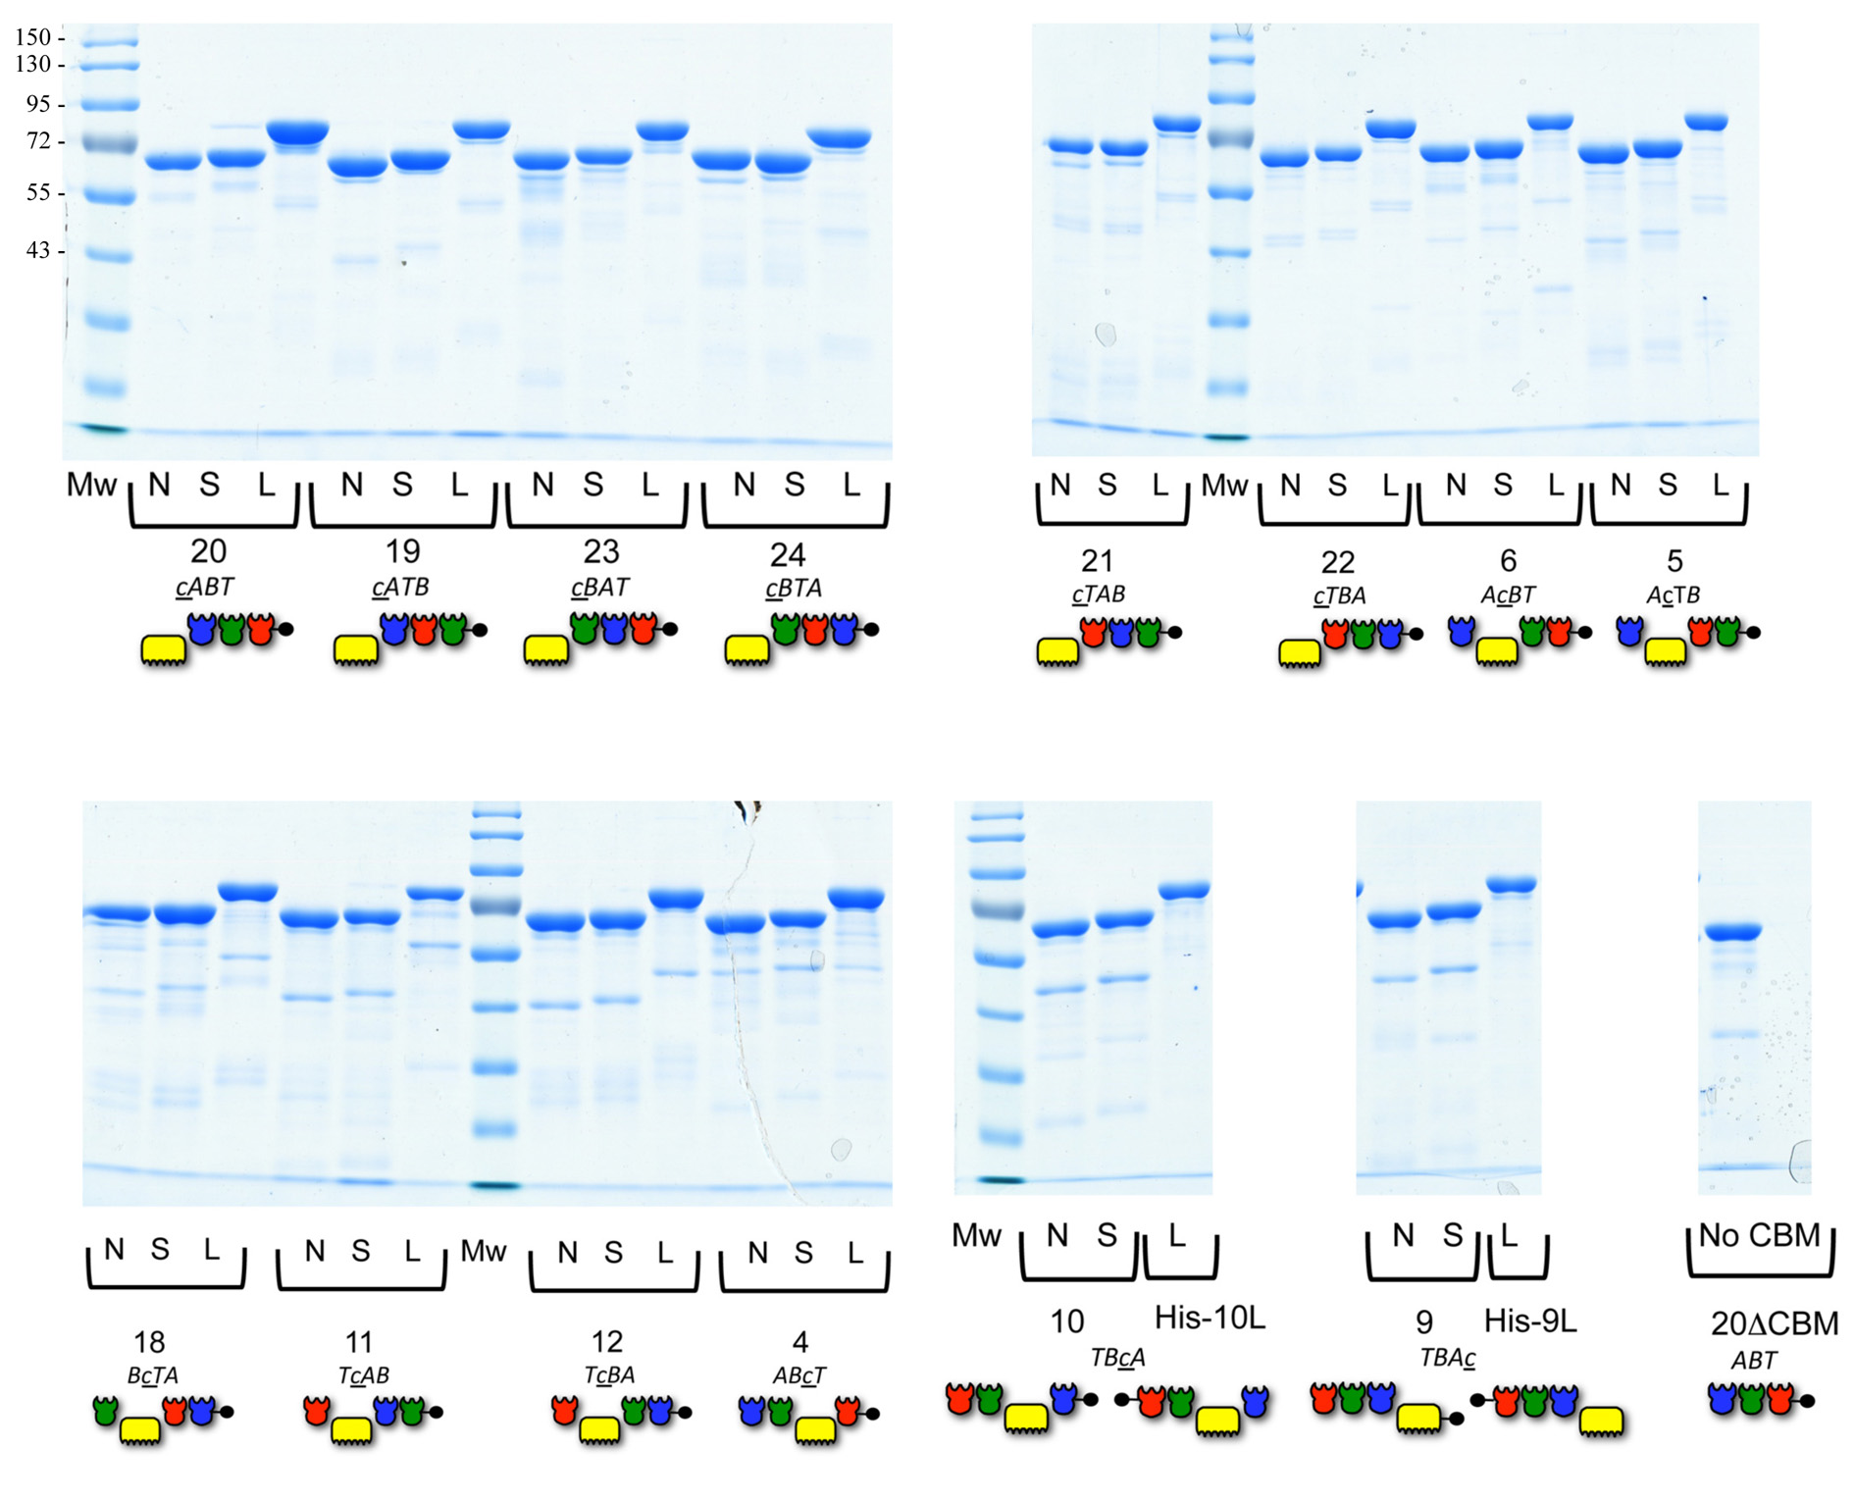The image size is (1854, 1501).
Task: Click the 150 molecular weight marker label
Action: (32, 37)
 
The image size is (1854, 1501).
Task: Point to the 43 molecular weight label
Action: (38, 250)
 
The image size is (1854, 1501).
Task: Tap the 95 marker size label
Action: (38, 104)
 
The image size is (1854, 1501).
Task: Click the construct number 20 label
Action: (208, 551)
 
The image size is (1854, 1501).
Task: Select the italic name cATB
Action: (401, 587)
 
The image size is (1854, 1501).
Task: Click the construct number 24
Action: (788, 555)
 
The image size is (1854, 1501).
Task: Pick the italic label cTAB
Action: (1099, 594)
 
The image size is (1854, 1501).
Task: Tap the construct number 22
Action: (1337, 562)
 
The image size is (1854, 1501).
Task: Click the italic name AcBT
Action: (1508, 595)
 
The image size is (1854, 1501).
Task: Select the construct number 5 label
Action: (1674, 561)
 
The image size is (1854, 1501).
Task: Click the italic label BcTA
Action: (153, 1375)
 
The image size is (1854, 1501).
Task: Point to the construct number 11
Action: (358, 1342)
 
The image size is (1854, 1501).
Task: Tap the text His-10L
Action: (1210, 1318)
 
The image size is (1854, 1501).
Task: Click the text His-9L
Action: (1530, 1321)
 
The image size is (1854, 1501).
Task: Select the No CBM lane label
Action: (1760, 1235)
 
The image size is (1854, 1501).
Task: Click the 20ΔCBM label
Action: (1775, 1323)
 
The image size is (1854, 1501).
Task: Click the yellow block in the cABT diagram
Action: (165, 649)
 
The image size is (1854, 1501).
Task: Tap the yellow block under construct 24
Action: (748, 649)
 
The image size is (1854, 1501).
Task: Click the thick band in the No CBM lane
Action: (1733, 931)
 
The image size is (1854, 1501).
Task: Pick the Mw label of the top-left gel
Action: (91, 485)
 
